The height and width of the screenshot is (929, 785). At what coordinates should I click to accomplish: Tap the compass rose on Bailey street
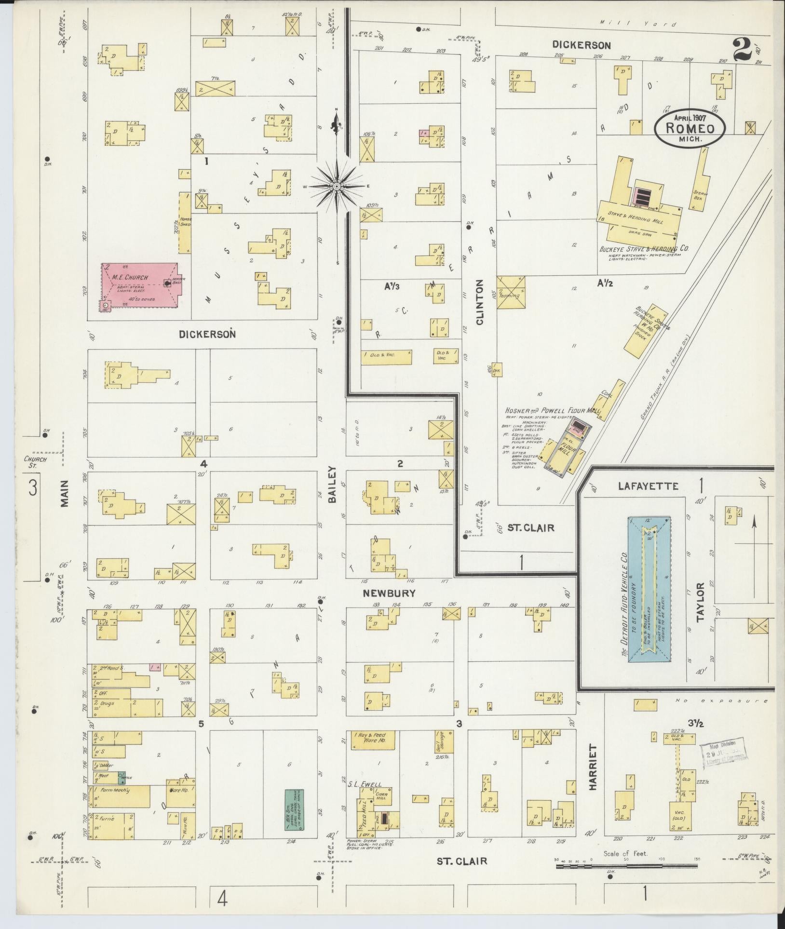(x=337, y=186)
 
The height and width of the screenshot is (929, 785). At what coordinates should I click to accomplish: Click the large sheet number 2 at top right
(x=743, y=50)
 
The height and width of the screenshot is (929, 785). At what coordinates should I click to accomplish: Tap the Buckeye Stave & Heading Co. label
(x=644, y=249)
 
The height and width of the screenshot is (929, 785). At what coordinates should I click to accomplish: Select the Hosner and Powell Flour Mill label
(x=552, y=410)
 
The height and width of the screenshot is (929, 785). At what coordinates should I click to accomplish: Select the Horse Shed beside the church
(x=185, y=223)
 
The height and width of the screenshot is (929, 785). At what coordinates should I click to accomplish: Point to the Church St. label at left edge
(x=36, y=462)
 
